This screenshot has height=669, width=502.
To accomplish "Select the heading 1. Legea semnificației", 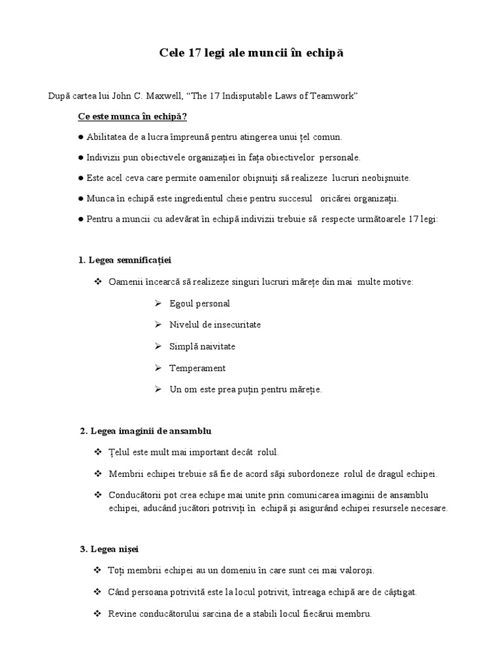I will pyautogui.click(x=125, y=260).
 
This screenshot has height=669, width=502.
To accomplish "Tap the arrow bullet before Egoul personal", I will pyautogui.click(x=158, y=304).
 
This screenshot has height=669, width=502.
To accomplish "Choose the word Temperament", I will pyautogui.click(x=197, y=368).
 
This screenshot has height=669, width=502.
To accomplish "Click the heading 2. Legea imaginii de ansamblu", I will pyautogui.click(x=146, y=431).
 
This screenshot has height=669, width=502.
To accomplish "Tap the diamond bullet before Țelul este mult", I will pyautogui.click(x=98, y=452).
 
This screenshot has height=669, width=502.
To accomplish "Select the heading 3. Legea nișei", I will pyautogui.click(x=109, y=549).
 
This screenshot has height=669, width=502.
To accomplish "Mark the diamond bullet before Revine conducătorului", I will pyautogui.click(x=98, y=613).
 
